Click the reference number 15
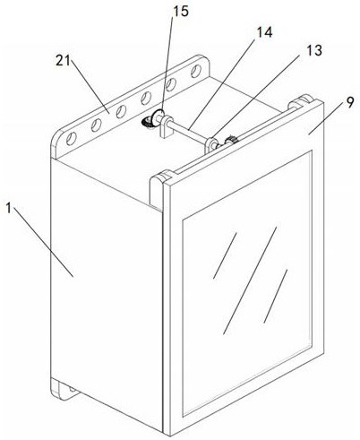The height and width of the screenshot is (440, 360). (181, 12)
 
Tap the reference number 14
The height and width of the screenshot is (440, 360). (264, 32)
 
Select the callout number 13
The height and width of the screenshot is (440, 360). (314, 50)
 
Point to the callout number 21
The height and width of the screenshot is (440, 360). (63, 61)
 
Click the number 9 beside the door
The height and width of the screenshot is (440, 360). (350, 103)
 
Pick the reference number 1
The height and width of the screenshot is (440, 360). (9, 208)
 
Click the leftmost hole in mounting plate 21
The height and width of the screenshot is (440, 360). (72, 139)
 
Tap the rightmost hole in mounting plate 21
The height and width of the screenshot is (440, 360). (196, 71)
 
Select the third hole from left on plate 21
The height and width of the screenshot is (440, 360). (121, 111)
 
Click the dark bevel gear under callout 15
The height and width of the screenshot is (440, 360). (148, 122)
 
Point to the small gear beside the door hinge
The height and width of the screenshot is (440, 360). (230, 140)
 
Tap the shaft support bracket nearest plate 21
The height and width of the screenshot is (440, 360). (166, 126)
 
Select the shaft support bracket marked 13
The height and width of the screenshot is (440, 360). (210, 145)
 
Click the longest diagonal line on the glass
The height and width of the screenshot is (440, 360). (250, 280)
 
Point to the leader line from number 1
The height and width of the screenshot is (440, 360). (43, 243)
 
